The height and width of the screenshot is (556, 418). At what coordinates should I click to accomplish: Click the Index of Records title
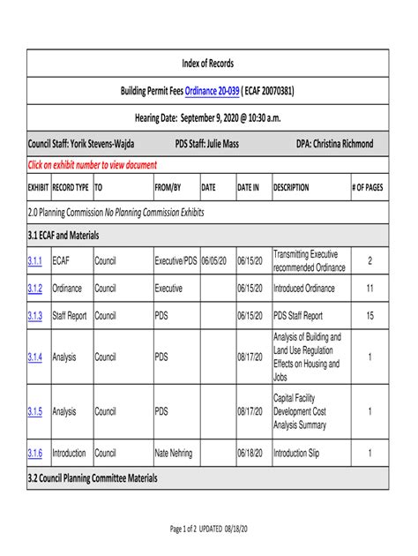coord(207,64)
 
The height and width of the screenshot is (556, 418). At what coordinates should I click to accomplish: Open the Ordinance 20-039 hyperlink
coord(213,91)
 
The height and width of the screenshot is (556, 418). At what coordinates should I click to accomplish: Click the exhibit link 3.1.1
coord(35,261)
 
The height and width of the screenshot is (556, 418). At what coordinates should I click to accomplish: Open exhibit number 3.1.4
coord(35,357)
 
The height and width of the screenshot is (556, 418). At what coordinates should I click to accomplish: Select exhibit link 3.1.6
coord(35,453)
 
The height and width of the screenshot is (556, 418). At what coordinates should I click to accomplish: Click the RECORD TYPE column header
coord(71,188)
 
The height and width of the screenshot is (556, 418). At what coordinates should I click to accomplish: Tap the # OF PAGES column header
coord(368,188)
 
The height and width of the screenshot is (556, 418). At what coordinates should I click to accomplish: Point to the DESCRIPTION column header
coord(291,188)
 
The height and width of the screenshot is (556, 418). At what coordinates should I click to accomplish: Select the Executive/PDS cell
coord(175,261)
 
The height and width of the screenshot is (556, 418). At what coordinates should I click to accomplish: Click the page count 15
coord(369,315)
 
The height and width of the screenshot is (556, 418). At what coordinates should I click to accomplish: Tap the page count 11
coord(369,289)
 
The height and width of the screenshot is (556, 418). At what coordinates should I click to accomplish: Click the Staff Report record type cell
coord(71,315)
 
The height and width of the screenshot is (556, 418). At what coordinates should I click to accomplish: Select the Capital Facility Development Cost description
coord(300,411)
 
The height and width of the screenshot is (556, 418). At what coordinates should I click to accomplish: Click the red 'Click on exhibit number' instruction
coord(93,165)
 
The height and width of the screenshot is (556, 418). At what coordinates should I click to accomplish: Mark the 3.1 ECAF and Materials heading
coord(63,236)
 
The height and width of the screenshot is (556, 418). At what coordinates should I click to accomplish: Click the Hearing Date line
coord(207,117)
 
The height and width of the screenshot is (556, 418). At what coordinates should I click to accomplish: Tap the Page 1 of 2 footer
coord(207,529)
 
